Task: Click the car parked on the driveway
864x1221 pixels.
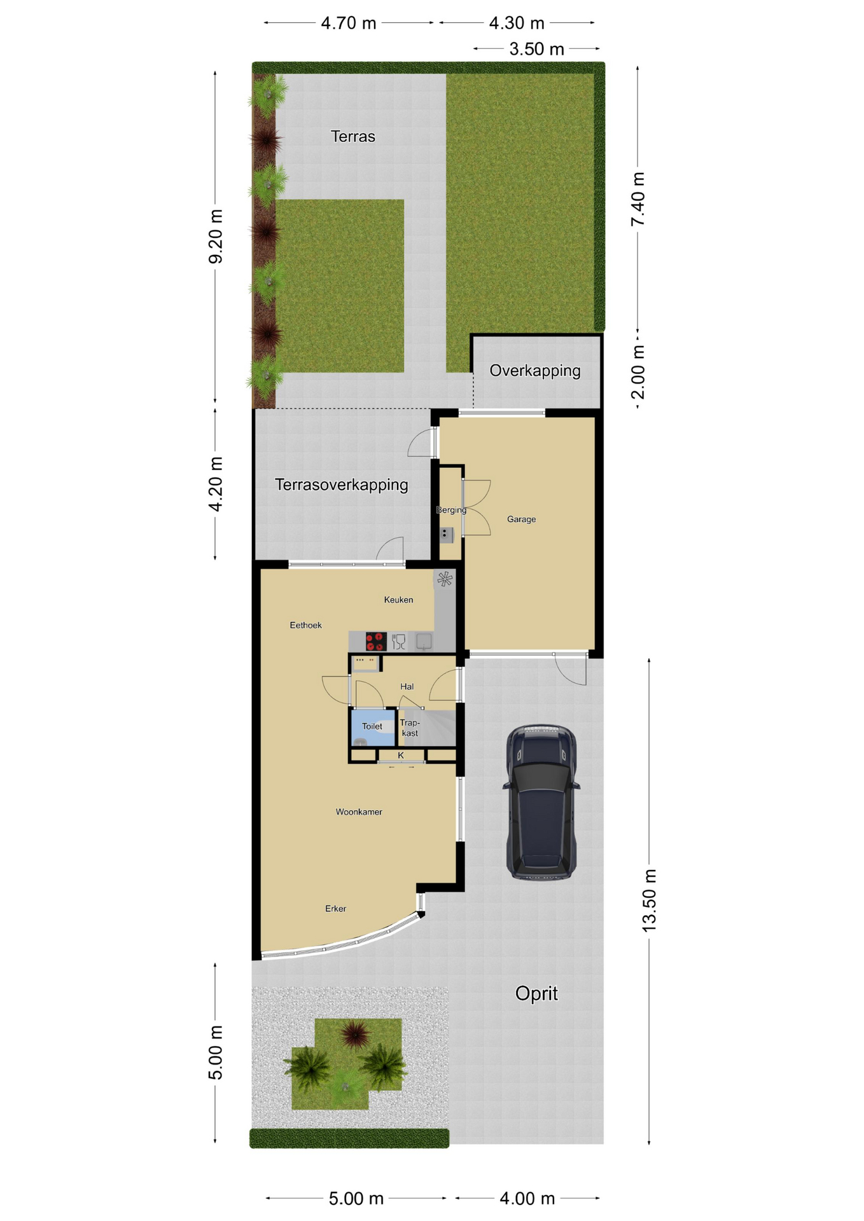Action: click(x=541, y=803)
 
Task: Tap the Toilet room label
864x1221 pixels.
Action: click(x=372, y=726)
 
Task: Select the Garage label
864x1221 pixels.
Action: click(x=521, y=519)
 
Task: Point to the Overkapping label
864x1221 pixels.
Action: click(x=535, y=371)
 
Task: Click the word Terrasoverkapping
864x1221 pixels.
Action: click(x=342, y=485)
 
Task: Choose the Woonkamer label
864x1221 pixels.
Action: click(x=359, y=812)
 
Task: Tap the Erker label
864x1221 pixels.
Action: click(x=335, y=909)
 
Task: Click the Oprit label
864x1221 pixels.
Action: click(x=536, y=993)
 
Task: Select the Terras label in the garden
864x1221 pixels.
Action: click(x=353, y=136)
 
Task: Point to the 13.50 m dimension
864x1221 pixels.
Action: click(x=649, y=901)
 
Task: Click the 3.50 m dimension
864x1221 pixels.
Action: click(x=537, y=49)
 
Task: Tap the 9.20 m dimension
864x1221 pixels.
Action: click(x=216, y=236)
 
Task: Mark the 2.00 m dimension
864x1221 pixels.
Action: click(x=638, y=373)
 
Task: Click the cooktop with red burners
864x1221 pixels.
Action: click(x=376, y=641)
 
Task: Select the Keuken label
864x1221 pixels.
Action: click(x=398, y=600)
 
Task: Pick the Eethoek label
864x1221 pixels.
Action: click(x=305, y=625)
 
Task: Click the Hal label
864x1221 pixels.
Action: click(x=407, y=687)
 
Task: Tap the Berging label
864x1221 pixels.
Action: click(x=451, y=510)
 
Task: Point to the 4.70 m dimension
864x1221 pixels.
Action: click(x=349, y=23)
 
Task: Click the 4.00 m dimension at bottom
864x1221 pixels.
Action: click(x=527, y=1199)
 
